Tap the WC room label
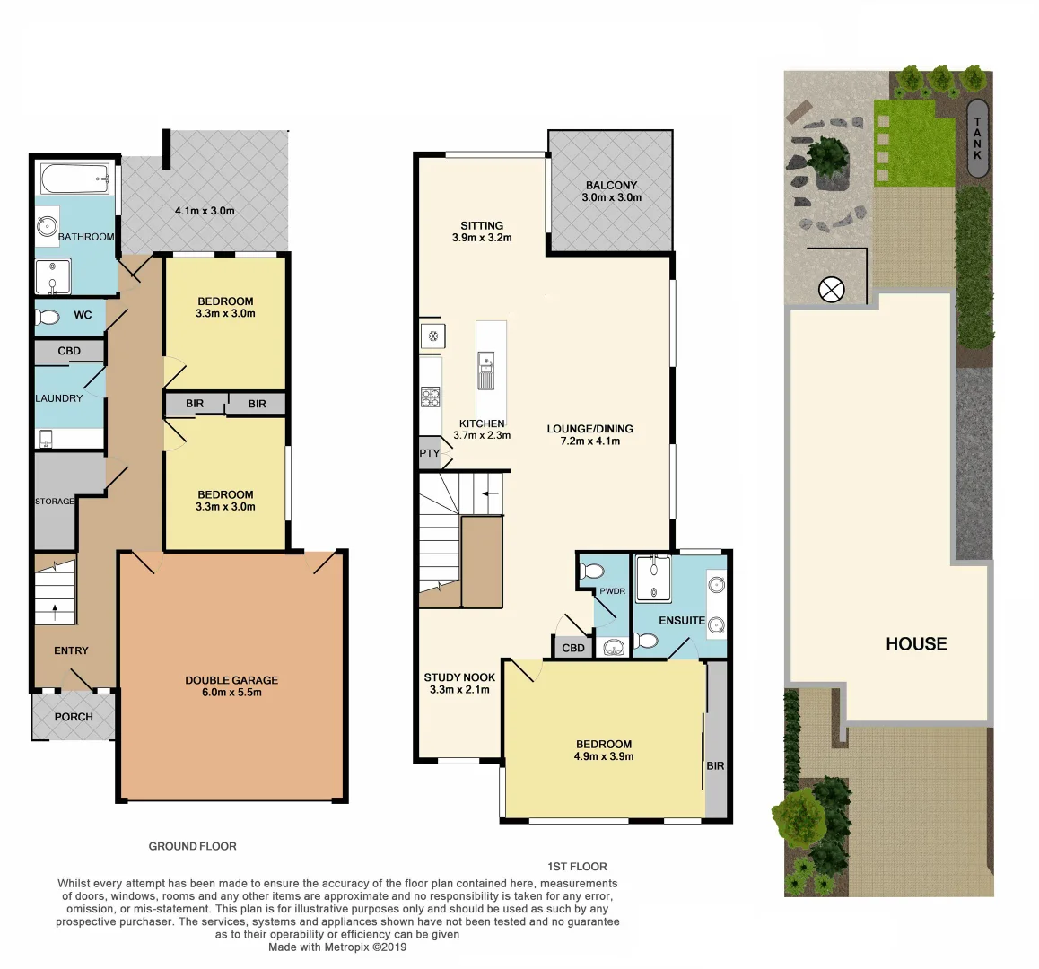pos(83,315)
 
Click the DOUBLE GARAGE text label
pos(231,680)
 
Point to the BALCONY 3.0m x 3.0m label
pos(611,191)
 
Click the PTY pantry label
pos(430,453)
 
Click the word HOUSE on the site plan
pos(916,643)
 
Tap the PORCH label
pos(74,717)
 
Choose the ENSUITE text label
pos(682,620)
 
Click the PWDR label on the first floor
pos(612,592)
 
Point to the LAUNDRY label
pos(59,398)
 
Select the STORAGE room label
pos(54,501)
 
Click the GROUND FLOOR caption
pos(192,846)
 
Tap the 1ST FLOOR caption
pos(577,867)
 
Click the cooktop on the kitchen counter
pos(431,395)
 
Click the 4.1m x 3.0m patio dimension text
pos(205,212)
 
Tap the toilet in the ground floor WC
pos(48,317)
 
